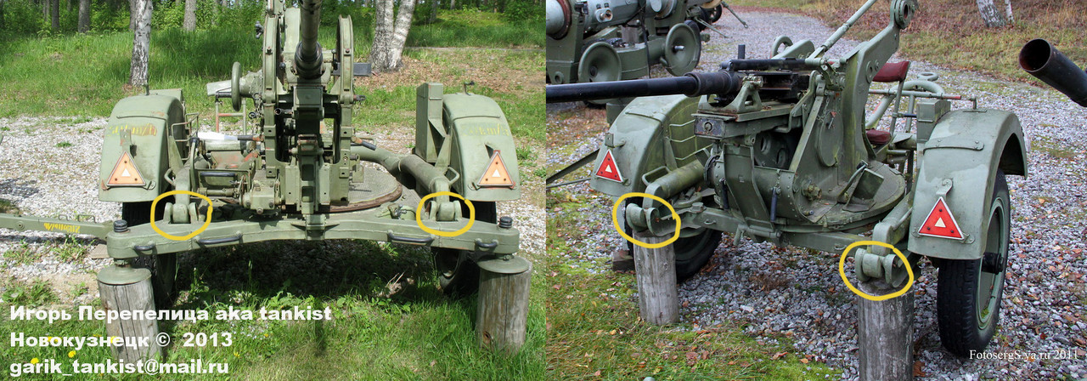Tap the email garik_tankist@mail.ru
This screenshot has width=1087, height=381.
[119, 367]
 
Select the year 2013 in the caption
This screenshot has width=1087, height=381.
[207, 340]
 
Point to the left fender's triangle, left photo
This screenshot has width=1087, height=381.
[125, 171]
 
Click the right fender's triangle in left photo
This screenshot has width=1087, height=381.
[495, 171]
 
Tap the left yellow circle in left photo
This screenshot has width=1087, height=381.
[180, 214]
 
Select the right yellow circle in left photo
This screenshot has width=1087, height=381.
[445, 213]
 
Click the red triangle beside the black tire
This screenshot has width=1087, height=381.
[940, 221]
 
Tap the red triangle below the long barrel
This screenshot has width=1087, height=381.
[609, 167]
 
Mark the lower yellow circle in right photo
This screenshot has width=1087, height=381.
[876, 270]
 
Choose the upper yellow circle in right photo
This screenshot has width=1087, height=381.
[647, 220]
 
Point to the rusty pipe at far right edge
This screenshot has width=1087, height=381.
[1054, 68]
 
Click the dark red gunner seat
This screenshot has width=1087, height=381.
[891, 71]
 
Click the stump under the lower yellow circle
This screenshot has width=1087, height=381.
[884, 336]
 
